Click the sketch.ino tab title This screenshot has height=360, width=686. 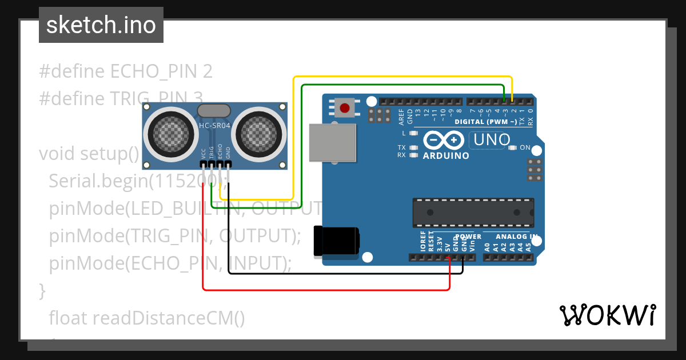(x=101, y=25)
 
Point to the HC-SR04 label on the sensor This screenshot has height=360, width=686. (x=214, y=126)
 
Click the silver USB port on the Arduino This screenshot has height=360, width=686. (x=332, y=143)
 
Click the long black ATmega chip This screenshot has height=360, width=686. (x=473, y=213)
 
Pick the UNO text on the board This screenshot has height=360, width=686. (x=490, y=139)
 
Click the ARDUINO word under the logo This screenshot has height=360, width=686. (x=446, y=155)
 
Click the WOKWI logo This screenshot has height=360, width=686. (x=608, y=315)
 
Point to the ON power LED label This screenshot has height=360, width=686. (x=525, y=148)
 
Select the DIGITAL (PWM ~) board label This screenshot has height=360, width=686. (x=485, y=122)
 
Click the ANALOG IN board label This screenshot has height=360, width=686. (x=516, y=237)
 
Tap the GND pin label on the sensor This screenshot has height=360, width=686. (x=228, y=153)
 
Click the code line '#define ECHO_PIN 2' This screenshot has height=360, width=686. (x=126, y=71)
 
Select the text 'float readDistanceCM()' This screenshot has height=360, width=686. (x=147, y=318)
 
